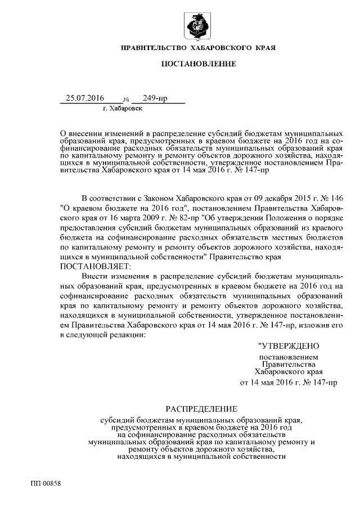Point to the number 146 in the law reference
(x=335, y=199)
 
